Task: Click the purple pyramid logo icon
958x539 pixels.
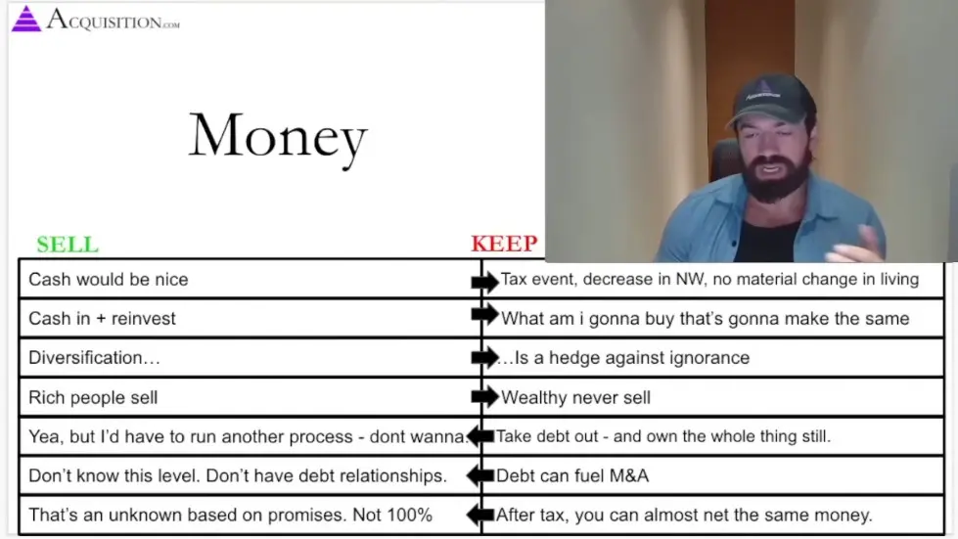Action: [x=25, y=19]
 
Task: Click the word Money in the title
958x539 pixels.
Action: [x=278, y=136]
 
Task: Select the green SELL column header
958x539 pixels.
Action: [x=68, y=245]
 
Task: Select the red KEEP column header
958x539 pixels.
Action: [x=504, y=245]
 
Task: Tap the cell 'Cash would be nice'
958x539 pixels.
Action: [x=109, y=280]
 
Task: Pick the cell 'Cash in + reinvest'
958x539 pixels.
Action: [x=103, y=319]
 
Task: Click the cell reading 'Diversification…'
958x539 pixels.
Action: [x=94, y=358]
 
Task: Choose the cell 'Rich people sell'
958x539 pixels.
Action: [x=93, y=397]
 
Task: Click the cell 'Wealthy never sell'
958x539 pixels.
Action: [x=575, y=397]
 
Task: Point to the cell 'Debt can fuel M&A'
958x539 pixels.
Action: [x=571, y=476]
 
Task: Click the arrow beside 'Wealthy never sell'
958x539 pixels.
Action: [x=484, y=397]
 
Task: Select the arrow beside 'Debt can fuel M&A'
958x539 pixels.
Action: [x=480, y=476]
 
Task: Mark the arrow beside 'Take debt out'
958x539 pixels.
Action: [x=480, y=436]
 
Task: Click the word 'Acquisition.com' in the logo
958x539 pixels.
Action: [x=113, y=20]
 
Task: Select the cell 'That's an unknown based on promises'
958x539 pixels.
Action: [x=230, y=515]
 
